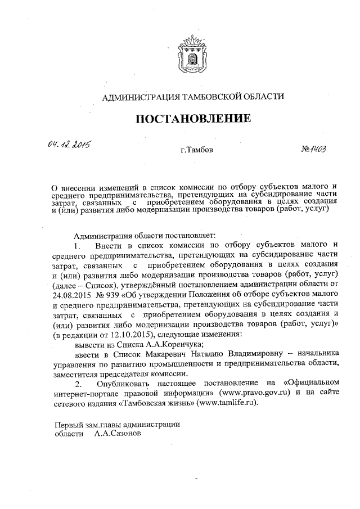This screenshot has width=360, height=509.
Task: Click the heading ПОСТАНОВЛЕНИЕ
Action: click(191, 119)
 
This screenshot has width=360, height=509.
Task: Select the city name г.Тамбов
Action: click(196, 151)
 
